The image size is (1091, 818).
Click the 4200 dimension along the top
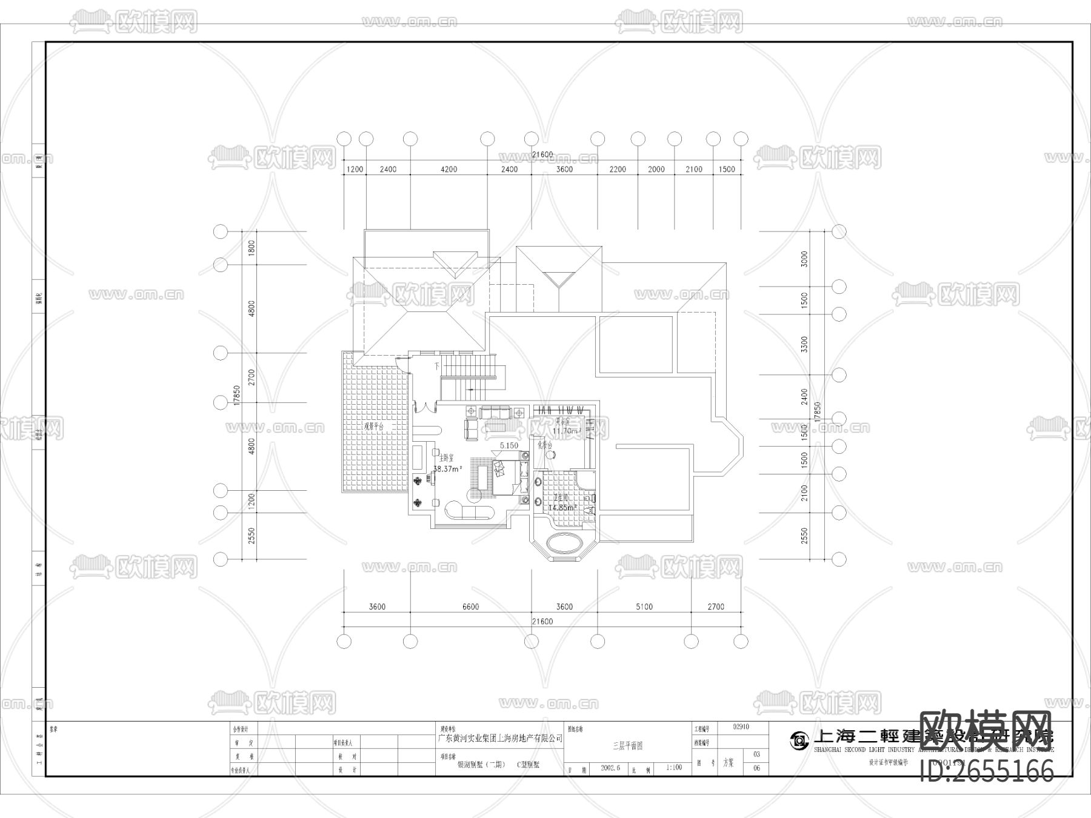(x=449, y=169)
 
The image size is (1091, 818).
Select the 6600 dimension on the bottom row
(x=470, y=607)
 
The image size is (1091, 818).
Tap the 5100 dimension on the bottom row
(x=644, y=607)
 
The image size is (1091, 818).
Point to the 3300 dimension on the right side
(x=804, y=345)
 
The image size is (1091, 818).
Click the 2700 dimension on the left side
(x=252, y=377)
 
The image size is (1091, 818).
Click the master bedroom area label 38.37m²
(x=448, y=468)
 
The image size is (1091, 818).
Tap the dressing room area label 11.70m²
(x=567, y=431)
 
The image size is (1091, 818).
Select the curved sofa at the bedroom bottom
(x=471, y=511)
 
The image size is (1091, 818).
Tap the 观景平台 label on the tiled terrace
(x=373, y=427)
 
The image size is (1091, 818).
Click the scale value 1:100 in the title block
(x=674, y=767)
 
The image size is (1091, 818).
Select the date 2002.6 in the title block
(x=611, y=767)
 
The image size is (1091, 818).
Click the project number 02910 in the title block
(x=741, y=727)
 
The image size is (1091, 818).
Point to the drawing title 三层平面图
(x=627, y=746)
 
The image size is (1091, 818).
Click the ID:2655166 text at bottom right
(x=987, y=771)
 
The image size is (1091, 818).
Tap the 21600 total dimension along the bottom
(x=542, y=622)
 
